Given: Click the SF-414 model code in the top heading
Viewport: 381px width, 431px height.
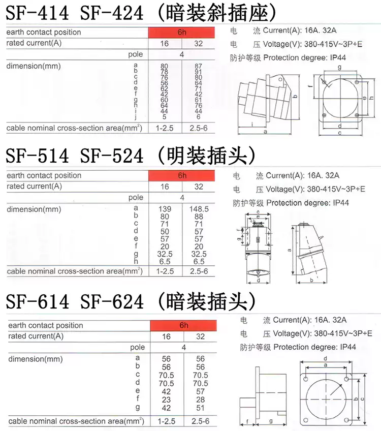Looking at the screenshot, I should click(x=37, y=13).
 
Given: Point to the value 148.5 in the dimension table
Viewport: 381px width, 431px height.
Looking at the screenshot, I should click(x=199, y=209).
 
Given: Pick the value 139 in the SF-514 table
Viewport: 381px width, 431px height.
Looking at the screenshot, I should click(x=165, y=209).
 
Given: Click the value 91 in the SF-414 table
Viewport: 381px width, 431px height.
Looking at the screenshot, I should click(x=198, y=72).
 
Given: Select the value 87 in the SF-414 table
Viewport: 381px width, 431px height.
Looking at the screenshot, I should click(x=198, y=66).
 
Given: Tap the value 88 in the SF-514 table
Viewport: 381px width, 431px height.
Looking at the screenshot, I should click(x=199, y=217).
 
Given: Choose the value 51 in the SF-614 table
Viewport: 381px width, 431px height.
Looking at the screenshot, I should click(x=200, y=408).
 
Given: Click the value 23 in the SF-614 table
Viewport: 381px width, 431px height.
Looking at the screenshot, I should click(x=166, y=399).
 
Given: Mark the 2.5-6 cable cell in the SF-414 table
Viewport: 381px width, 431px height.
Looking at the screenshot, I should click(x=198, y=128).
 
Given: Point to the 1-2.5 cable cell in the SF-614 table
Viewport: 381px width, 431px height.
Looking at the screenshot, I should click(x=166, y=421).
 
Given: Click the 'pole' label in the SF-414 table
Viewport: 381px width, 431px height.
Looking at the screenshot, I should click(x=136, y=54).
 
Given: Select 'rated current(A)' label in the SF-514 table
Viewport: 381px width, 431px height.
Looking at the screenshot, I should click(x=34, y=187).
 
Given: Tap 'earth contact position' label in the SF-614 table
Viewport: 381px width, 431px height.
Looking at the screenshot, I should click(x=45, y=325).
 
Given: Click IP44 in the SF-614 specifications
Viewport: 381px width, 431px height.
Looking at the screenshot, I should click(x=347, y=347).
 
